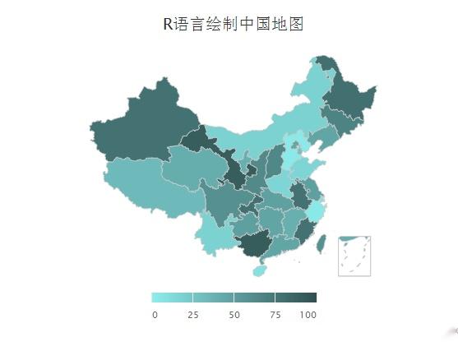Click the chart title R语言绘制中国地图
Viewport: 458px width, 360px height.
coord(234,24)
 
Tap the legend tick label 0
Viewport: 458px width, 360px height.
coord(155,316)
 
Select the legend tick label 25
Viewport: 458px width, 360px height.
coord(192,316)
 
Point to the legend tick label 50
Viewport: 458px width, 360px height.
coord(234,316)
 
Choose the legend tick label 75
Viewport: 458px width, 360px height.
coord(275,316)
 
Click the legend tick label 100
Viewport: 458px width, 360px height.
coord(308,316)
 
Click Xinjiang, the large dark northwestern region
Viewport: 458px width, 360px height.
coord(144,132)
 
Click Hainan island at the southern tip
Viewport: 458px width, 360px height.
coord(260,269)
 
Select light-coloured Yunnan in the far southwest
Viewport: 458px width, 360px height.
coord(215,238)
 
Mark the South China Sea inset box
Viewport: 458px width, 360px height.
coord(354,256)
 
